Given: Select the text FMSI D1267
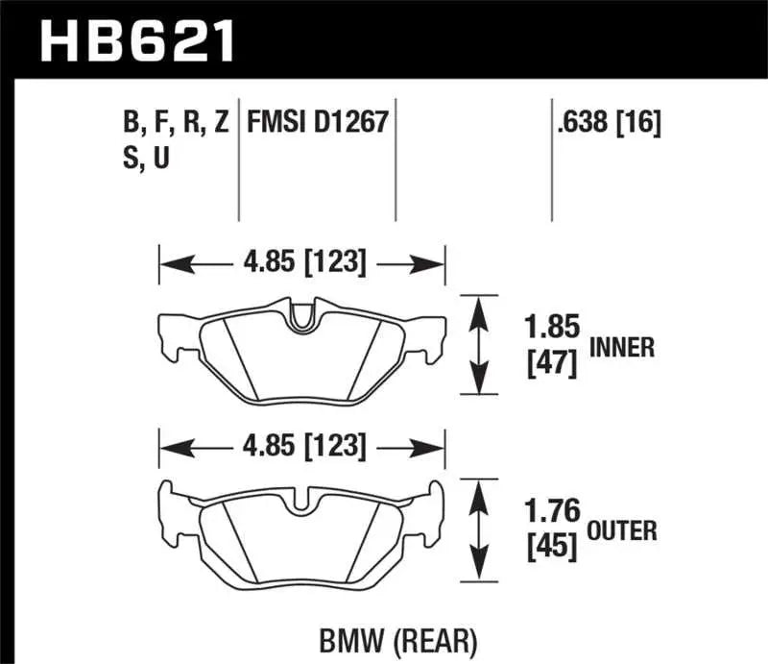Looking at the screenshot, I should [317, 123].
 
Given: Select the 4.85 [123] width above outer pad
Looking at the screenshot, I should [301, 447].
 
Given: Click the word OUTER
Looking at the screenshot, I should [622, 529].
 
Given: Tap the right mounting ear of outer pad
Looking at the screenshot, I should [435, 513].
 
